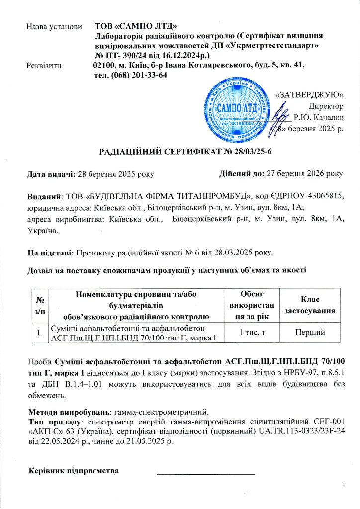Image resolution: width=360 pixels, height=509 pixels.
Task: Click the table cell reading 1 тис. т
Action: click(252, 332)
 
